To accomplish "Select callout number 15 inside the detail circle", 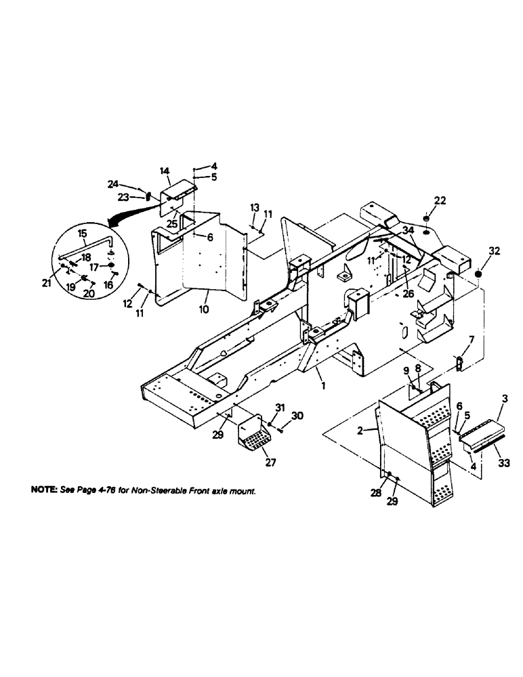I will (x=83, y=234).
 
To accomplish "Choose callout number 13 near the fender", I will (x=254, y=205).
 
